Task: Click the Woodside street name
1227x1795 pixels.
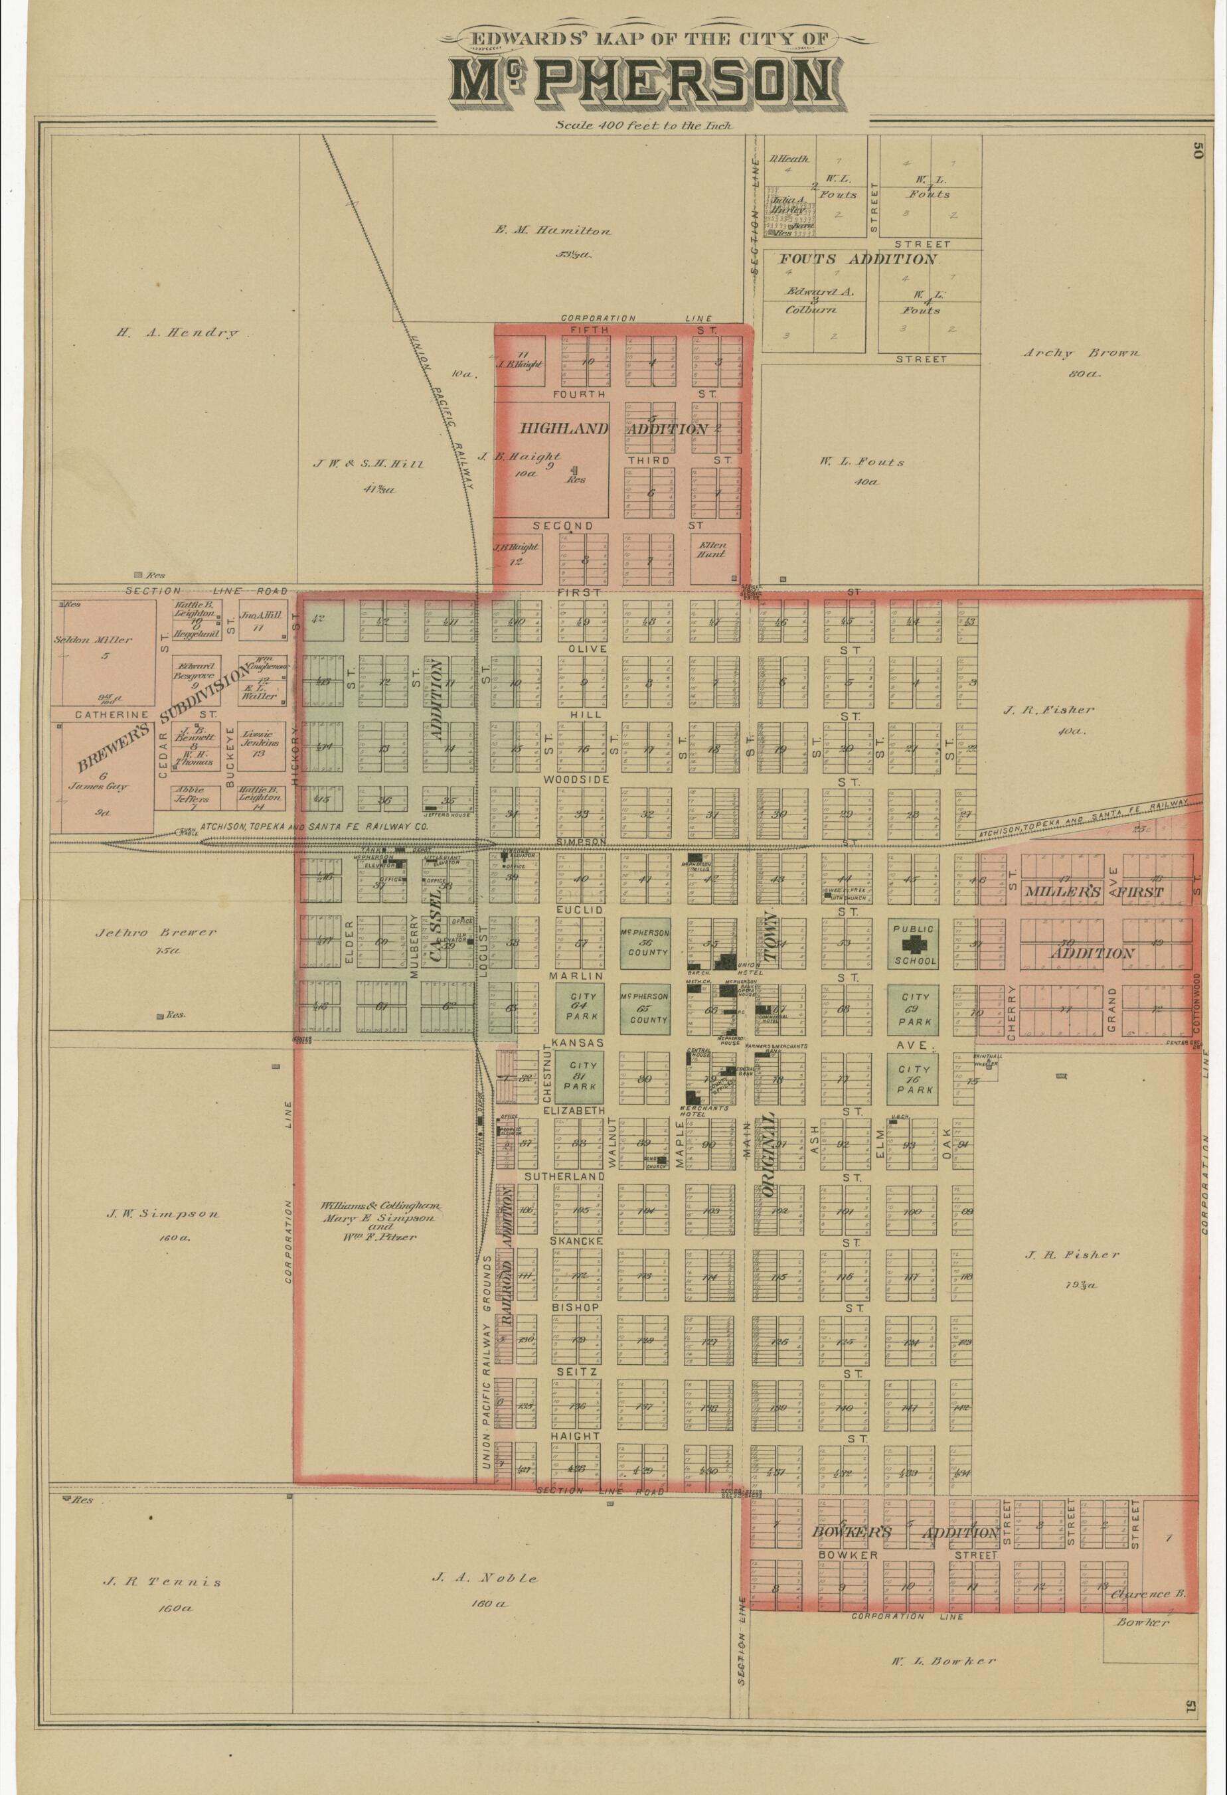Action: point(576,780)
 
